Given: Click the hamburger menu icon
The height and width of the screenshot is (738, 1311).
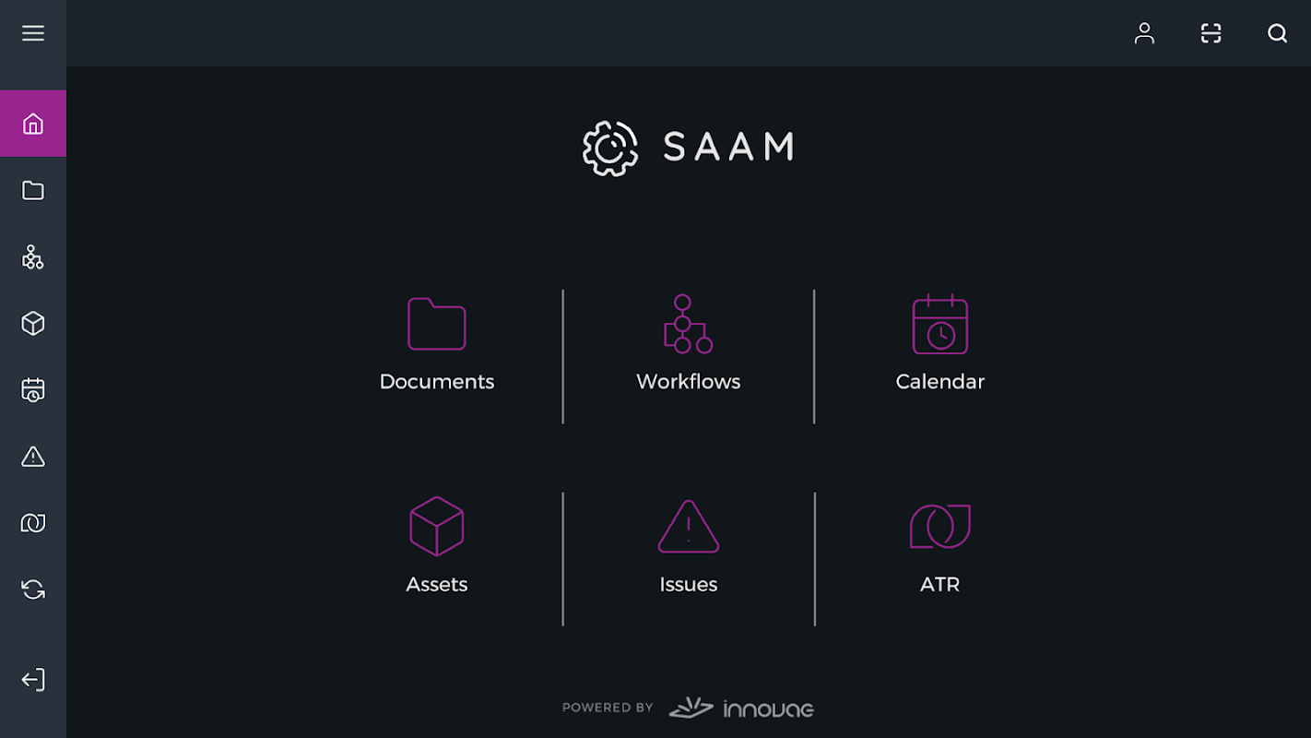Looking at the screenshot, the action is [x=33, y=33].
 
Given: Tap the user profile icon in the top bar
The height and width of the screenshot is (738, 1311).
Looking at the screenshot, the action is [x=1144, y=33].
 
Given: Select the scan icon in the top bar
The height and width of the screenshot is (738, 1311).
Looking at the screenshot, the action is [x=1211, y=33].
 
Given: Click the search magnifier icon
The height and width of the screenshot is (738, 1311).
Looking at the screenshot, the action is [x=1277, y=33].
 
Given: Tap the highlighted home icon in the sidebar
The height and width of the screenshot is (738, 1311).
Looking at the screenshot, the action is [x=33, y=124].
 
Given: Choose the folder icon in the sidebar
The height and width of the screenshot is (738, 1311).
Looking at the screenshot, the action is [x=33, y=190].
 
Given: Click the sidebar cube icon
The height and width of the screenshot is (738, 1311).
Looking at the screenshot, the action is [x=33, y=323].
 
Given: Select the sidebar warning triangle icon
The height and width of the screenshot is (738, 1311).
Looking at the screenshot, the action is [x=33, y=457].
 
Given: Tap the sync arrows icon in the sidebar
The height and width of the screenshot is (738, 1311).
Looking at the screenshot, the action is [x=33, y=589].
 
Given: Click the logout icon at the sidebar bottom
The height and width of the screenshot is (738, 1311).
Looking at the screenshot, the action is [x=33, y=680].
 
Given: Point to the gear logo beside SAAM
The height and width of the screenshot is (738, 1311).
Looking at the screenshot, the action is [x=609, y=149].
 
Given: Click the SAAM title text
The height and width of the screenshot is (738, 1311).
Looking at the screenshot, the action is [x=728, y=147].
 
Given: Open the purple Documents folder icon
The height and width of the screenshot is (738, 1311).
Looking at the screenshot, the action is [x=437, y=324].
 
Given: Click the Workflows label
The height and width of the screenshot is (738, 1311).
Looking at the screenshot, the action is [x=689, y=382].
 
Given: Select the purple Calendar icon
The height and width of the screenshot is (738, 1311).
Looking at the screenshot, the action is [x=940, y=324].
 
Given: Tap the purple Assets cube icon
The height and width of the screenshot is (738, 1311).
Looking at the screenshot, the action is [x=437, y=526].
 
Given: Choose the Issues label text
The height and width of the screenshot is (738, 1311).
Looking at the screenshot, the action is [x=689, y=585].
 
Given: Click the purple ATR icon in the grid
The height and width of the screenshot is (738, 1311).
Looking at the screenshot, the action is [x=940, y=526].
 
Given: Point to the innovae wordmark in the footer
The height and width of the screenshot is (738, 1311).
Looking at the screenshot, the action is [x=769, y=709].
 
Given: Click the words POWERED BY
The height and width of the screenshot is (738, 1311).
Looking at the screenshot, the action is [x=608, y=708].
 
